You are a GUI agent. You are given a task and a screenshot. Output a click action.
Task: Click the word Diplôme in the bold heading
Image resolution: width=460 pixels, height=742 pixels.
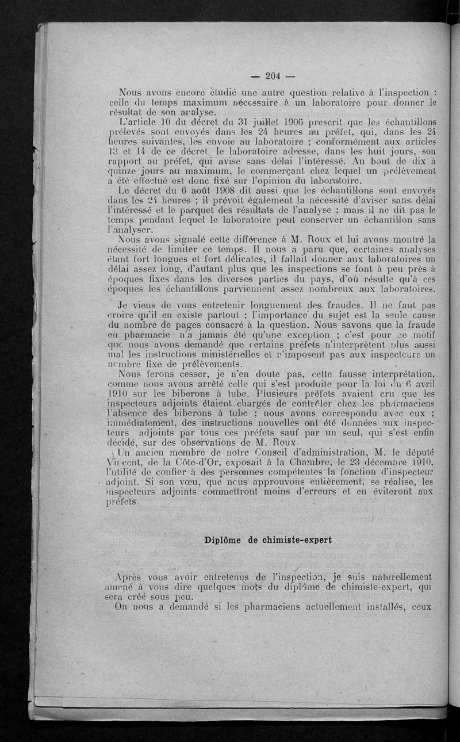point(223,541)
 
